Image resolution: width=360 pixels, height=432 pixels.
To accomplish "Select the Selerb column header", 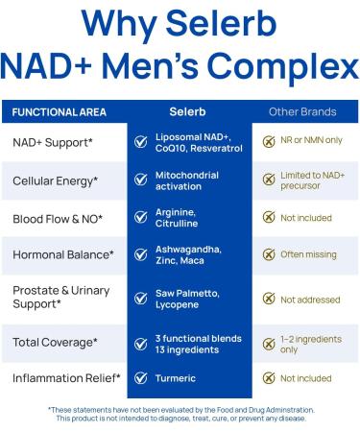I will pos(188,112).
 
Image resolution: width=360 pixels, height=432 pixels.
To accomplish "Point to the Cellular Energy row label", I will pos(56,180).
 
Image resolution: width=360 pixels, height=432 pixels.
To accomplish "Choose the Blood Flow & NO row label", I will pos(58,218).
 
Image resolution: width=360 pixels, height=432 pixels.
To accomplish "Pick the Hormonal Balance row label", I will pos(62,254).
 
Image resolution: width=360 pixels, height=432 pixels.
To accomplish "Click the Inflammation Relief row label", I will pos(66,378).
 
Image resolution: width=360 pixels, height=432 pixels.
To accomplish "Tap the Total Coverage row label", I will pos(55,342).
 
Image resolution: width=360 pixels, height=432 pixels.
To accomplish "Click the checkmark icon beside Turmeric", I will pos(141,378).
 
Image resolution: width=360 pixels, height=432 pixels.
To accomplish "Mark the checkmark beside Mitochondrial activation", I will pos(141,180).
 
